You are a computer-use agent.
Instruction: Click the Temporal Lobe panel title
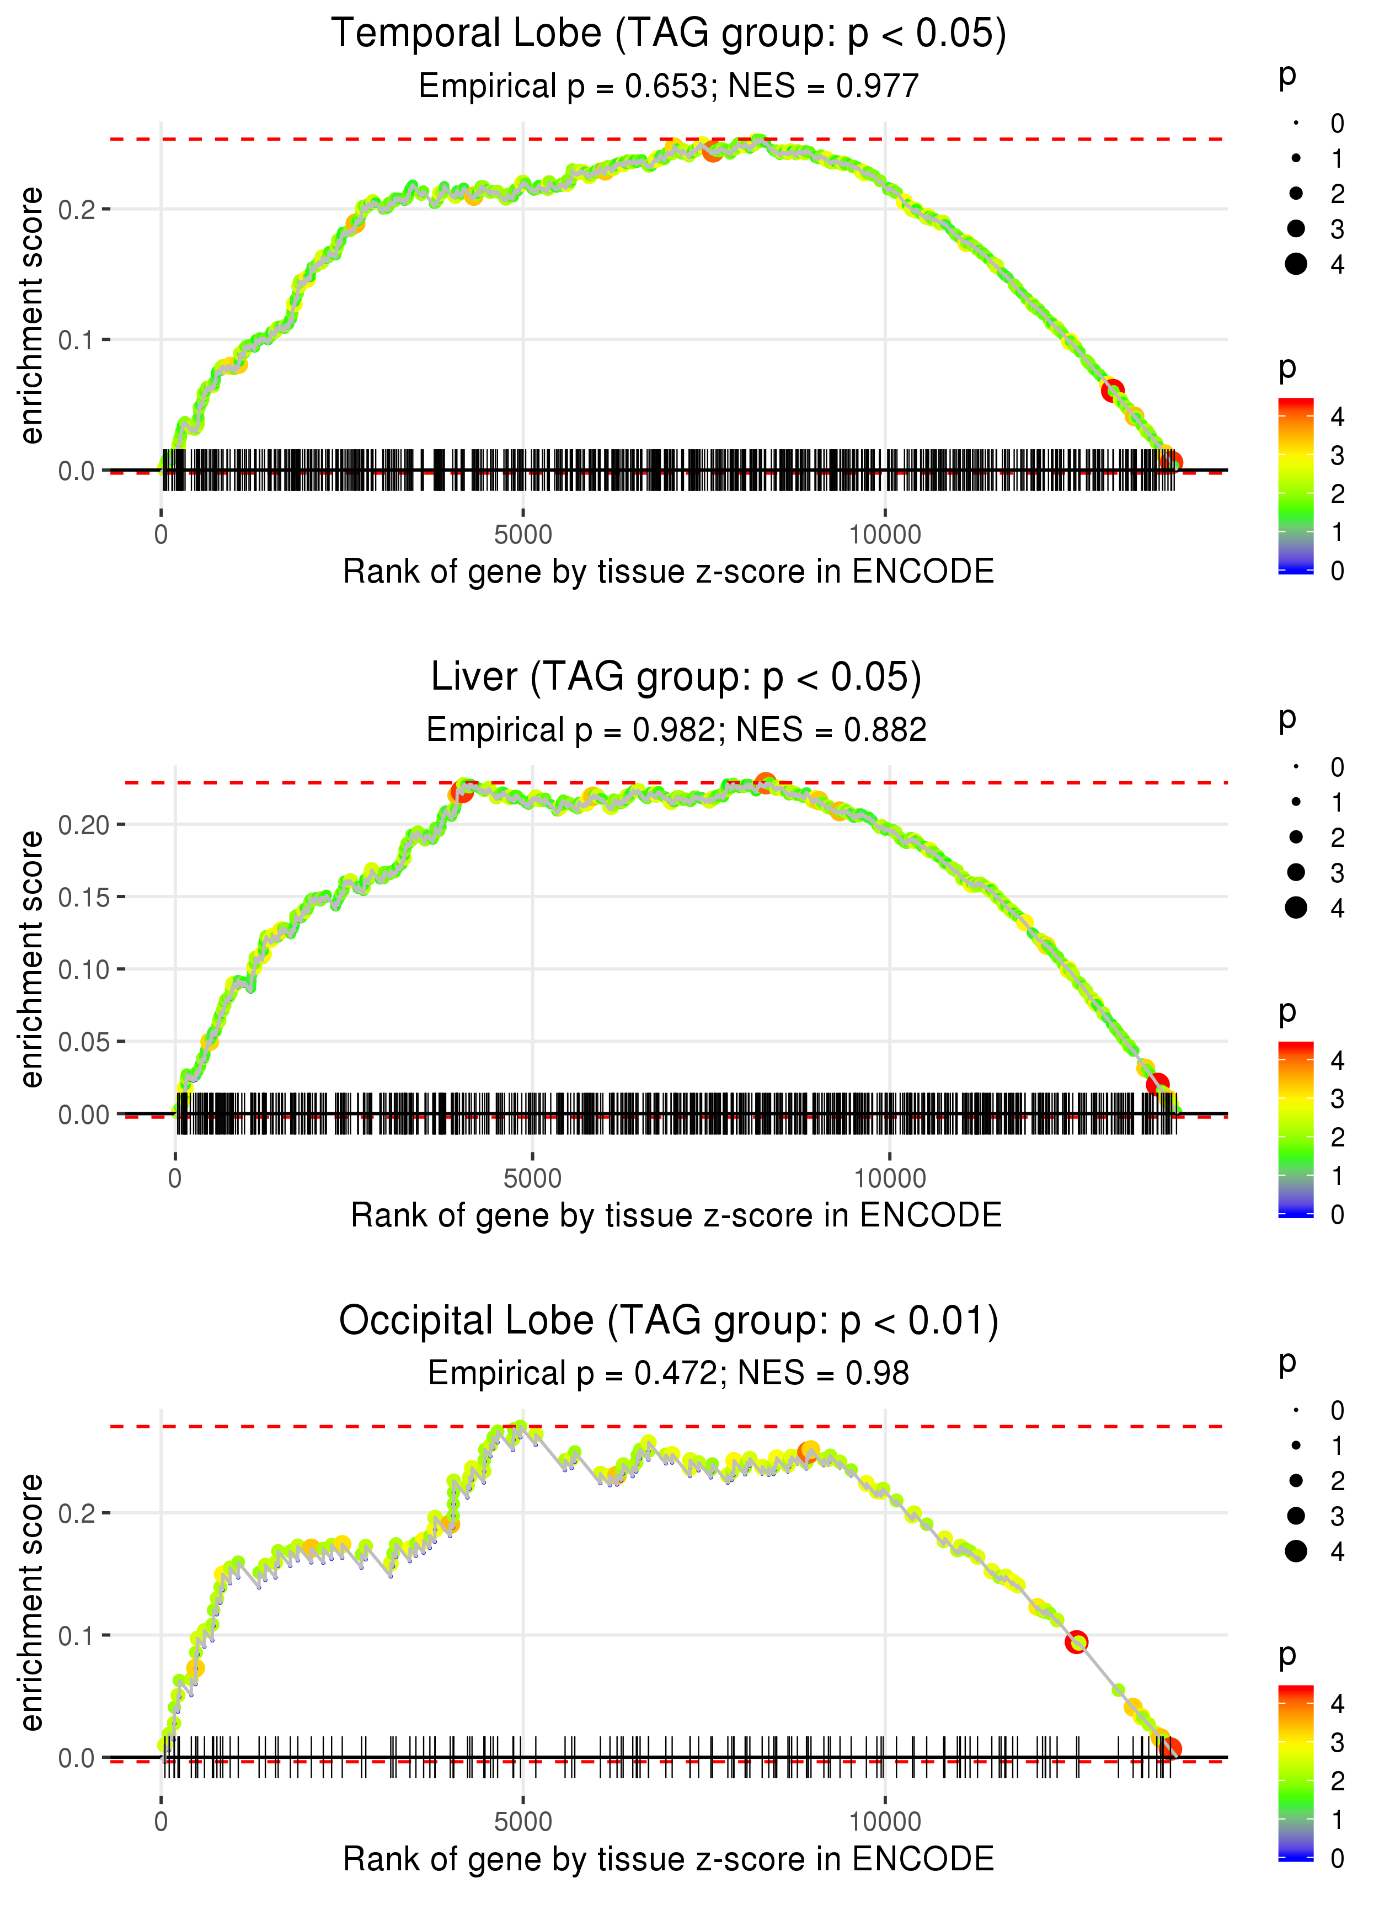point(669,34)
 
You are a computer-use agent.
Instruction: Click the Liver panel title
point(676,677)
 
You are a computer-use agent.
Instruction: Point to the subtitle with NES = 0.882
point(676,729)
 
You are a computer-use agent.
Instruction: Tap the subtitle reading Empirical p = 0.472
point(669,1373)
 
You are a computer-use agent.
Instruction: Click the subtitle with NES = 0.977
point(669,86)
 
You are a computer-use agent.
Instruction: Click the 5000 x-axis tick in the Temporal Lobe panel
point(523,535)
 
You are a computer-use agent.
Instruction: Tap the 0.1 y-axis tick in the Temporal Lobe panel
point(77,340)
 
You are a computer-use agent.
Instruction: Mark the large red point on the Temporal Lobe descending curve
point(1113,391)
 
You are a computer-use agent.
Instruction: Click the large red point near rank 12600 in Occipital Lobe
point(1077,1641)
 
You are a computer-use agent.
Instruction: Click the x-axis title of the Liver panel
point(676,1215)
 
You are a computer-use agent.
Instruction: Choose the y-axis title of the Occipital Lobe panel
point(31,1602)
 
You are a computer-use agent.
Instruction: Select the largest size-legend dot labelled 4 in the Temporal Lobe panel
point(1296,264)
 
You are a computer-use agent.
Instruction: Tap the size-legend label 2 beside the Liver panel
point(1338,838)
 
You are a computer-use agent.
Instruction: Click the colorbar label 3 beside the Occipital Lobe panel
point(1338,1742)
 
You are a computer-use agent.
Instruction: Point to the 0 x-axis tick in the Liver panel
point(175,1178)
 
